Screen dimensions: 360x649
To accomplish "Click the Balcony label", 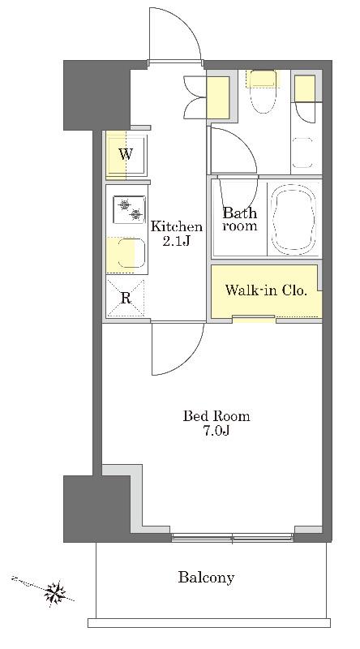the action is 206,577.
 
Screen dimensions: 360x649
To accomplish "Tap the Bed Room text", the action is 216,415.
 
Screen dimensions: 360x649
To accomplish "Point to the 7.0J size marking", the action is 216,431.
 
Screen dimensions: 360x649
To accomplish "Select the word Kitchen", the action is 176,226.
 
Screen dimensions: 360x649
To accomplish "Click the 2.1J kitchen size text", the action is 176,241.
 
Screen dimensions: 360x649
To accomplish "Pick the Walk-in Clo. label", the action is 266,290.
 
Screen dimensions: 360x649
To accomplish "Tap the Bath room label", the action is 240,219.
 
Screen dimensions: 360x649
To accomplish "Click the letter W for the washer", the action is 126,155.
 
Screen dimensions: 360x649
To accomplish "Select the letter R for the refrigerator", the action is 126,298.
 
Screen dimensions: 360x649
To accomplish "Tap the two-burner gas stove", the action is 130,209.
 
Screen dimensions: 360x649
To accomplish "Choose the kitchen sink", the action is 131,254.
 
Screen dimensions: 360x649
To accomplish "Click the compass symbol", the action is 54,592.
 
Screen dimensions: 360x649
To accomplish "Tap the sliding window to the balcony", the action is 232,538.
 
